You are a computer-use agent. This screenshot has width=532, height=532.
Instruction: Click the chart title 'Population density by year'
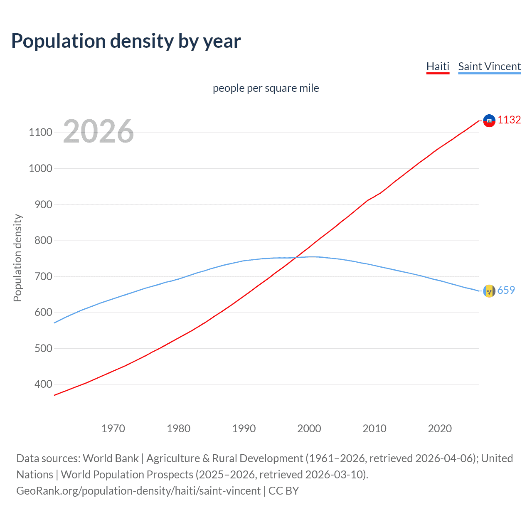click(126, 41)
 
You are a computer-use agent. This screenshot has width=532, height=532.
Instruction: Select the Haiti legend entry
click(438, 66)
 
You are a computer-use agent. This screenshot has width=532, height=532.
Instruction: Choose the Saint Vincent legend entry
click(489, 66)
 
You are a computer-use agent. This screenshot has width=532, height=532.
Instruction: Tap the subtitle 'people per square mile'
click(266, 88)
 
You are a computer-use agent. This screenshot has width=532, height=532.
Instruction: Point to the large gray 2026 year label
click(99, 131)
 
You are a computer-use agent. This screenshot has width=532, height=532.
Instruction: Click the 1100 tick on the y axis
click(40, 133)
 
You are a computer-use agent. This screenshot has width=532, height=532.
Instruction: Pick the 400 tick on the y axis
click(43, 384)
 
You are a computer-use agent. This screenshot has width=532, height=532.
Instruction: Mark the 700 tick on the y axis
click(43, 276)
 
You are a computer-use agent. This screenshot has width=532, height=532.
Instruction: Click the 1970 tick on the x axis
click(113, 429)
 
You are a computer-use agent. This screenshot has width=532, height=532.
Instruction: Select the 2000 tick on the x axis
click(309, 429)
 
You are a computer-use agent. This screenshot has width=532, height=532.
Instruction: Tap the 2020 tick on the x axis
click(440, 429)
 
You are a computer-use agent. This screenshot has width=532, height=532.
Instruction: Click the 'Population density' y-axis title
click(17, 258)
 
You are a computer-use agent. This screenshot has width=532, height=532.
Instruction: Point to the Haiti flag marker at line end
click(489, 121)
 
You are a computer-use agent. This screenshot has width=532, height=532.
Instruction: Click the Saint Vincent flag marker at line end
click(489, 291)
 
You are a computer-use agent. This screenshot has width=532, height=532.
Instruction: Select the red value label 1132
click(509, 120)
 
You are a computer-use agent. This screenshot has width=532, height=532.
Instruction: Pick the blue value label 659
click(506, 290)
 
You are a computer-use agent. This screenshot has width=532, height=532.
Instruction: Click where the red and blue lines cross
click(295, 258)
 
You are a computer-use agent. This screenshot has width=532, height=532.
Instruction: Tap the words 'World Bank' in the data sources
click(111, 458)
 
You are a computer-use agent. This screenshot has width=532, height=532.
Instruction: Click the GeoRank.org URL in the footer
click(138, 491)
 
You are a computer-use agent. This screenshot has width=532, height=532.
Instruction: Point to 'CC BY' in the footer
click(283, 491)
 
